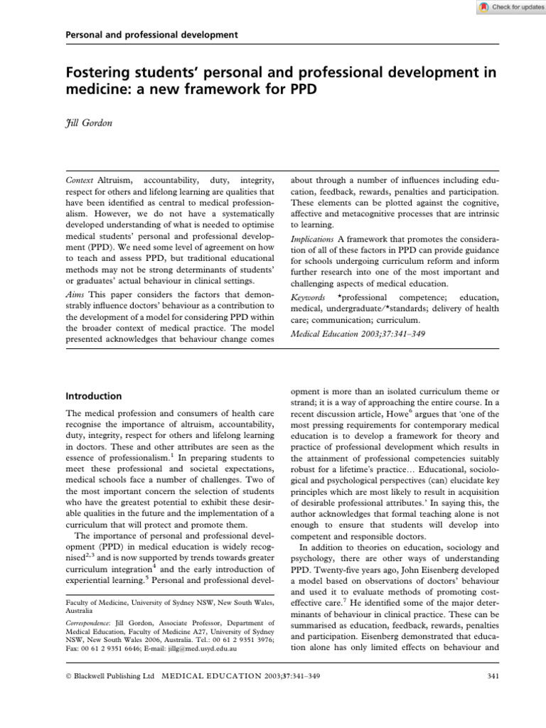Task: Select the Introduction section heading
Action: (x=93, y=396)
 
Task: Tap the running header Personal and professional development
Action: (x=151, y=34)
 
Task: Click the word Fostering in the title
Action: (x=99, y=73)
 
